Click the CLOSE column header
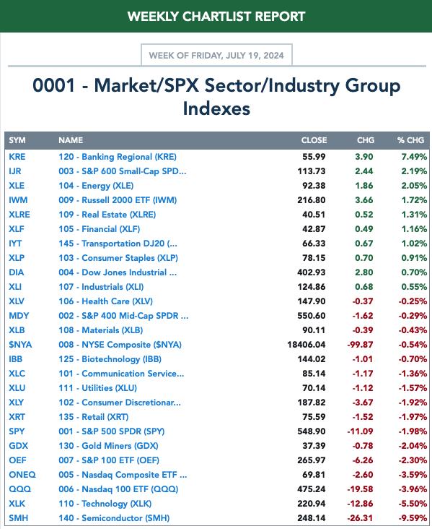pyautogui.click(x=314, y=140)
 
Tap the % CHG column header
pyautogui.click(x=410, y=140)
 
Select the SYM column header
pyautogui.click(x=17, y=140)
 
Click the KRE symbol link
pyautogui.click(x=17, y=157)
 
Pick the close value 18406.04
pyautogui.click(x=307, y=345)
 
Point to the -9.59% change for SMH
pyautogui.click(x=413, y=518)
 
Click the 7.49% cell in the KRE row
pyautogui.click(x=414, y=157)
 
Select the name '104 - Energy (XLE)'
pyautogui.click(x=96, y=186)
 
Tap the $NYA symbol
pyautogui.click(x=20, y=345)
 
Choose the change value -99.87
pyautogui.click(x=360, y=345)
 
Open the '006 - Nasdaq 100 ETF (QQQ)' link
pyautogui.click(x=118, y=489)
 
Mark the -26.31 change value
pyautogui.click(x=360, y=518)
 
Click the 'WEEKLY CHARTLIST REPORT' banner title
pyautogui.click(x=216, y=16)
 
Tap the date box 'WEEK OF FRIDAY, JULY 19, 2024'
pyautogui.click(x=216, y=55)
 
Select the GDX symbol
pyautogui.click(x=18, y=446)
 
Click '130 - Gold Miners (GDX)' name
pyautogui.click(x=108, y=446)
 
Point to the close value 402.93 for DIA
pyautogui.click(x=312, y=272)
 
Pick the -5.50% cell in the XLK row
pyautogui.click(x=413, y=504)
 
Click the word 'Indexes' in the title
pyautogui.click(x=216, y=108)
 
